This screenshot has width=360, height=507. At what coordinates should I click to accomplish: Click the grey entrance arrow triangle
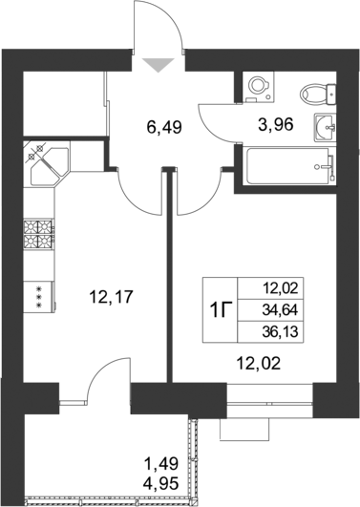click(x=159, y=65)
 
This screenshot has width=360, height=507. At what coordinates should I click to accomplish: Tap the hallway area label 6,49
click(x=164, y=127)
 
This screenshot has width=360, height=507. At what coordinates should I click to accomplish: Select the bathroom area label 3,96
click(x=276, y=124)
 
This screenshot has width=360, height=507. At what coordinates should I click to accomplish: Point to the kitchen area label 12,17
click(x=112, y=297)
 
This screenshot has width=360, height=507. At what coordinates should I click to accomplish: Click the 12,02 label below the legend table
click(x=259, y=365)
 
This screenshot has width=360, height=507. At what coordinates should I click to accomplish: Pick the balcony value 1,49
click(x=161, y=464)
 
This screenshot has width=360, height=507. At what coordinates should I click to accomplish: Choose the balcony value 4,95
click(x=161, y=484)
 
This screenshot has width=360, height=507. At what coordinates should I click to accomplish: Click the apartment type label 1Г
click(x=220, y=310)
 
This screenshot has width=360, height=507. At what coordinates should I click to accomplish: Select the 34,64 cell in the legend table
click(x=280, y=310)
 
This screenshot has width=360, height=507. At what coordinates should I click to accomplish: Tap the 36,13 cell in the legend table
click(x=280, y=332)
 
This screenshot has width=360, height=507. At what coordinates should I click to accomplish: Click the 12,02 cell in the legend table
click(x=281, y=288)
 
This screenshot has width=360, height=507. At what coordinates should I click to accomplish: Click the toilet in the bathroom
click(x=318, y=94)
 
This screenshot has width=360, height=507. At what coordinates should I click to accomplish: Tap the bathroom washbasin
click(x=325, y=128)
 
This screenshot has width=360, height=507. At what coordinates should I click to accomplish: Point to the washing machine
click(x=260, y=87)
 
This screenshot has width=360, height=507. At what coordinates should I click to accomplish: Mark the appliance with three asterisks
click(x=38, y=297)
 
